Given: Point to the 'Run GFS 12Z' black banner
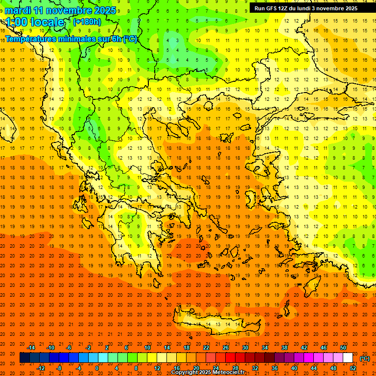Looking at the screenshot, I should pyautogui.click(x=305, y=8).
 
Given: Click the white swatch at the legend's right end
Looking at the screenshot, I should pyautogui.click(x=348, y=358).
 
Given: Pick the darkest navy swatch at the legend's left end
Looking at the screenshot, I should pyautogui.click(x=24, y=358).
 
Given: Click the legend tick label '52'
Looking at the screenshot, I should pyautogui.click(x=353, y=368).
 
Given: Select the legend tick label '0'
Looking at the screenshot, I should pyautogui.click(x=97, y=368).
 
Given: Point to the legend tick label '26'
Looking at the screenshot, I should pyautogui.click(x=226, y=348).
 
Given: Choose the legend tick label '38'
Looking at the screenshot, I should pyautogui.click(x=284, y=348).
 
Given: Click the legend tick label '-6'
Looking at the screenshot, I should pyautogui.click(x=69, y=348).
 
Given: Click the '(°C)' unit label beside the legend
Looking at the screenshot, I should pyautogui.click(x=365, y=358).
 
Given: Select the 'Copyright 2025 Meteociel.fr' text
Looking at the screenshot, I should pyautogui.click(x=207, y=373).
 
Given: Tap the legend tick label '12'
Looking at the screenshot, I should pyautogui.click(x=157, y=368).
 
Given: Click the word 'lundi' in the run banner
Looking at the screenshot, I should pyautogui.click(x=302, y=8).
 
